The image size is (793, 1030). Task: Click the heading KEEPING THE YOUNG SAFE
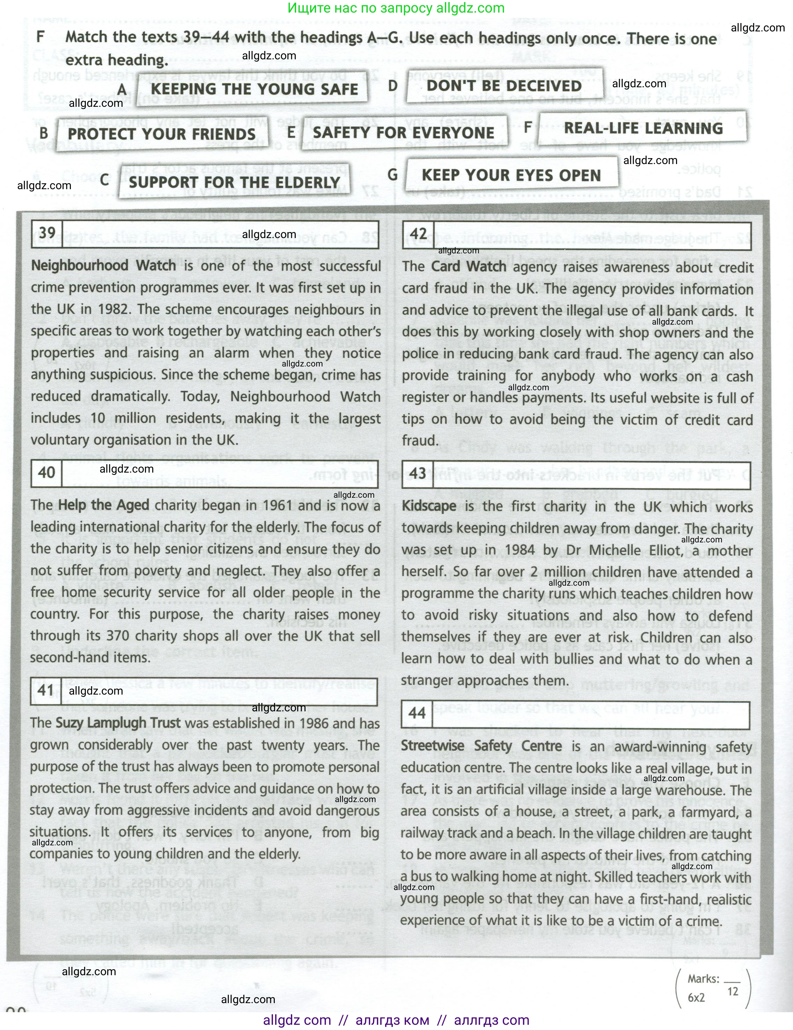coord(254,89)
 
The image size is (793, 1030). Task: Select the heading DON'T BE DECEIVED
coord(504,86)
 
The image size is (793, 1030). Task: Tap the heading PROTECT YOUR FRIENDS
coord(161,134)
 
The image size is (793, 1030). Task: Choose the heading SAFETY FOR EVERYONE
coord(403,133)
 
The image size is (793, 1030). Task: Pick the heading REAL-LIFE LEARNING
coord(643,128)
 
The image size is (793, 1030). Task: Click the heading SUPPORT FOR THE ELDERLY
coord(234,182)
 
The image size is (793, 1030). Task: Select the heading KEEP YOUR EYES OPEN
coord(511,176)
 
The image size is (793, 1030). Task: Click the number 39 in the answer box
coord(47,233)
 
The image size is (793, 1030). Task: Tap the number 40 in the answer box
coord(46,473)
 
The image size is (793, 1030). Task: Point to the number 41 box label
coord(46,690)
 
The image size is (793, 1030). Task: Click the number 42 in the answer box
coord(418,234)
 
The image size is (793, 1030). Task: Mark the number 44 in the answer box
coord(417,713)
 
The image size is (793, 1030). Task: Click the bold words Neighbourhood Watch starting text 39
coord(103,266)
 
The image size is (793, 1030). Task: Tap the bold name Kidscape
coord(429,506)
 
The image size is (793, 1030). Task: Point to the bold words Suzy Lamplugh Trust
coord(118,723)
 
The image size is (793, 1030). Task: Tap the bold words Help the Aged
coord(103,505)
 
